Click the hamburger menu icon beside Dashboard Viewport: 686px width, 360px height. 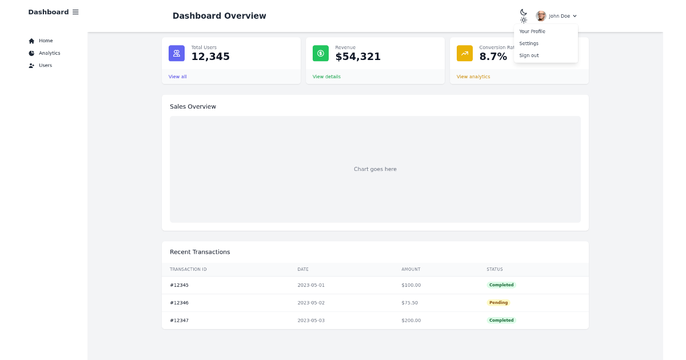(75, 12)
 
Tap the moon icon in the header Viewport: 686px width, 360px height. (523, 12)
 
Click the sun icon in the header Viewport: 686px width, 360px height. (523, 20)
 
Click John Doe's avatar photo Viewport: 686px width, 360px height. (541, 16)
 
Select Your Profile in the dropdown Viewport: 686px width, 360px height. (532, 31)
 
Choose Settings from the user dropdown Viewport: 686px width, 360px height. (528, 43)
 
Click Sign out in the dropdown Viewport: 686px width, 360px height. (528, 55)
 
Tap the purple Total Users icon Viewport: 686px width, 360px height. (177, 53)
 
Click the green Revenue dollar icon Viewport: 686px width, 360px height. (321, 53)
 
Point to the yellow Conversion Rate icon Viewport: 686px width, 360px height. (465, 53)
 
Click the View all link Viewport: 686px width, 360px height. (177, 77)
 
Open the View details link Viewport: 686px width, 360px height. (326, 77)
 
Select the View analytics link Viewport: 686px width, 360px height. (473, 77)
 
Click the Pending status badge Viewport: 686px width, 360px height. (498, 303)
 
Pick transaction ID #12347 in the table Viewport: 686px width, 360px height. (179, 321)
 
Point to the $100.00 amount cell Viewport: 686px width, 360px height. (411, 285)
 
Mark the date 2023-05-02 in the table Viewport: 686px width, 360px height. (311, 303)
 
